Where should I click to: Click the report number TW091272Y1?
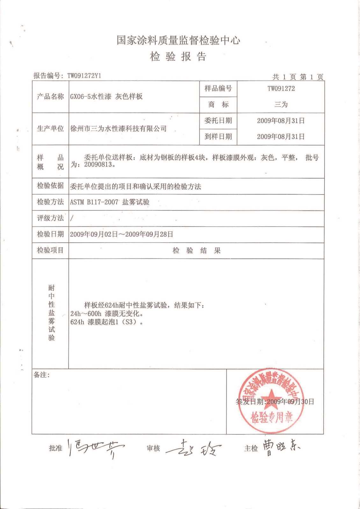[x=84, y=76]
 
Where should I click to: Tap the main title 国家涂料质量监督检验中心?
[x=178, y=40]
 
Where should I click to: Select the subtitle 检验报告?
[x=178, y=57]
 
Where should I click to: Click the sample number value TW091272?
[x=281, y=89]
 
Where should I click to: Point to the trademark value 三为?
[x=281, y=104]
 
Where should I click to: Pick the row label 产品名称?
[x=50, y=97]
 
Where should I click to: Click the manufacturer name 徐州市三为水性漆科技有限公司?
[x=118, y=129]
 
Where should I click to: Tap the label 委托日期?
[x=218, y=121]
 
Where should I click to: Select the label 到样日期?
[x=218, y=137]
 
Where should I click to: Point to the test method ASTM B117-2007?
[x=94, y=202]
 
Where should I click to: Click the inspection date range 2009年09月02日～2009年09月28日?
[x=122, y=234]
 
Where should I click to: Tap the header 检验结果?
[x=197, y=251]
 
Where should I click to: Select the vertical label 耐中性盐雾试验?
[x=51, y=313]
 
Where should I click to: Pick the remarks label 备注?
[x=42, y=375]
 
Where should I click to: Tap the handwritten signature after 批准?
[x=96, y=448]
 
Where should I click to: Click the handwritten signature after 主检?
[x=281, y=447]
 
